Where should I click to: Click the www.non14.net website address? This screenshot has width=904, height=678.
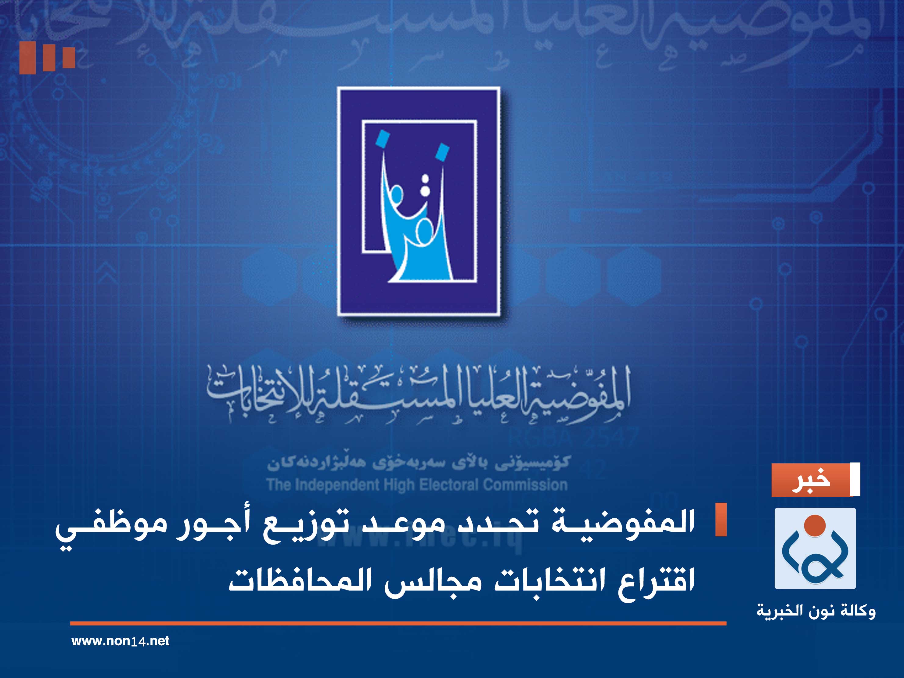click(120, 641)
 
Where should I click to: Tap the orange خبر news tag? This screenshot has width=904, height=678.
click(811, 480)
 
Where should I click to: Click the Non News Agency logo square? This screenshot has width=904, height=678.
click(815, 548)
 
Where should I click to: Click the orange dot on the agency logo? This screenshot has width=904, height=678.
click(815, 526)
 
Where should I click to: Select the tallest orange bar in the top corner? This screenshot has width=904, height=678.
click(27, 58)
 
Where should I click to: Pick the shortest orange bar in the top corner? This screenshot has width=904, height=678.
click(69, 57)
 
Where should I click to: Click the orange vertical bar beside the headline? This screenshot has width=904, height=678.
click(721, 519)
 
